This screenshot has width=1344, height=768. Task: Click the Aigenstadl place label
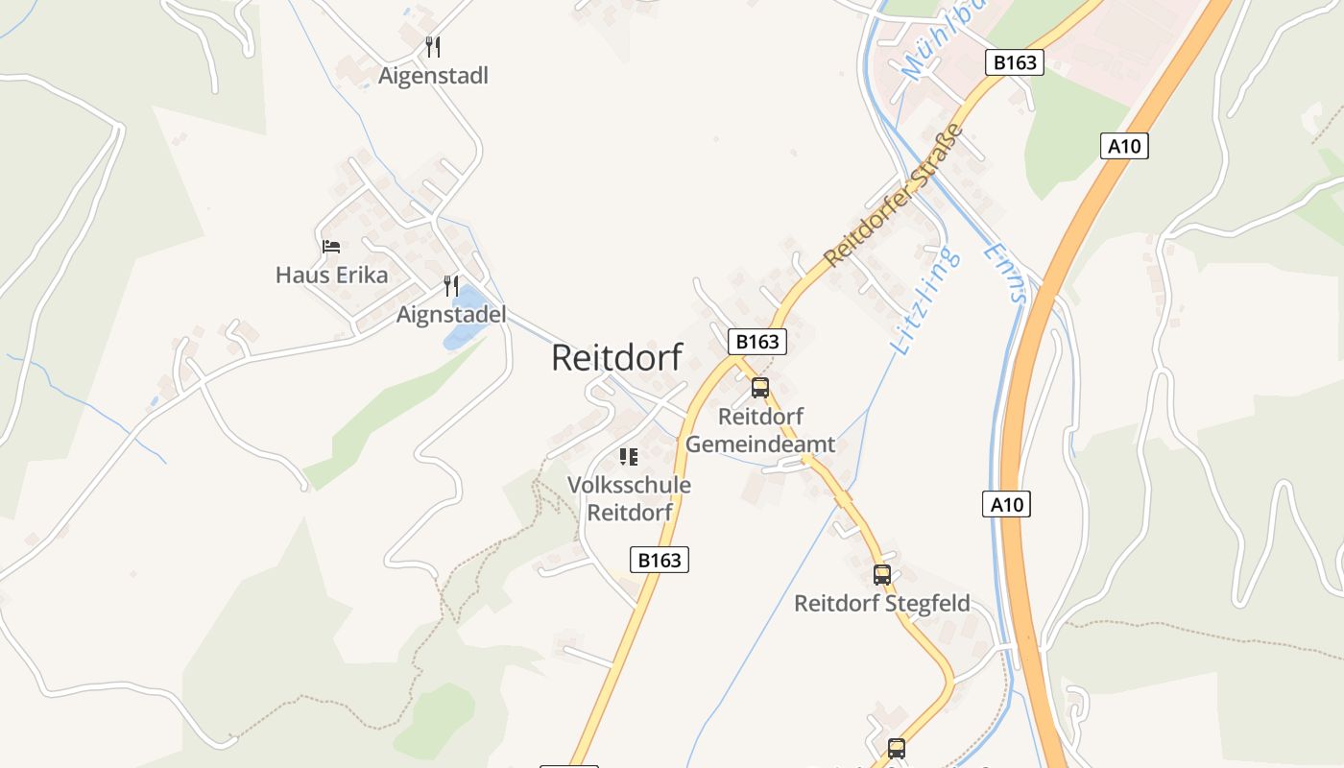click(433, 76)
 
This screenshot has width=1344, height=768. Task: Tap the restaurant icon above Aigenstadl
click(433, 46)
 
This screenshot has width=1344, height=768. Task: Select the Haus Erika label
click(331, 276)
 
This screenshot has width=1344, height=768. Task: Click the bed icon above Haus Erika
click(331, 247)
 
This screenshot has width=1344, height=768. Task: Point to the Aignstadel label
click(451, 315)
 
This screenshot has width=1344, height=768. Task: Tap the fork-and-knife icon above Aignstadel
click(450, 285)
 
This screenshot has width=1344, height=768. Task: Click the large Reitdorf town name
click(616, 358)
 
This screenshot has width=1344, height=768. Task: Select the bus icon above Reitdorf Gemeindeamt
click(760, 388)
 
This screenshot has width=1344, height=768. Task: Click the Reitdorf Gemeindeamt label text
click(760, 431)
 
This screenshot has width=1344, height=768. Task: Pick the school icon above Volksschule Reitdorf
click(629, 457)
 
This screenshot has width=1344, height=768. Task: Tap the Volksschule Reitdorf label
click(629, 498)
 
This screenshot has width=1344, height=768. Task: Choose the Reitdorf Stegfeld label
click(881, 604)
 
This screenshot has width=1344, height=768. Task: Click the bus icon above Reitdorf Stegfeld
click(882, 575)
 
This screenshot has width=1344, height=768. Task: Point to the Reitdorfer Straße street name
click(893, 195)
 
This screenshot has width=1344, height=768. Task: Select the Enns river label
click(1005, 272)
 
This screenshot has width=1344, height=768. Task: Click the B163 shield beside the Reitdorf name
click(757, 342)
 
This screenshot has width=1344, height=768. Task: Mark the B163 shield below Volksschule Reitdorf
click(660, 560)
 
